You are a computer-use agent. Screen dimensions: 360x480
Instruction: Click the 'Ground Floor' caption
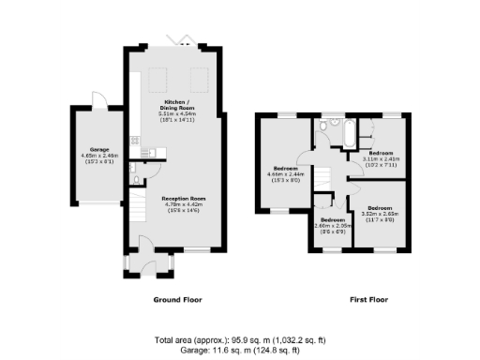point(177,300)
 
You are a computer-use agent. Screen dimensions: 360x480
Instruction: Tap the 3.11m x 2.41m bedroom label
point(382,154)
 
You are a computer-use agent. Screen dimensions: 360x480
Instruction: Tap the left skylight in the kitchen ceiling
point(159,76)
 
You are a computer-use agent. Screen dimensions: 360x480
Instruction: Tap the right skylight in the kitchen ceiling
point(200,76)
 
